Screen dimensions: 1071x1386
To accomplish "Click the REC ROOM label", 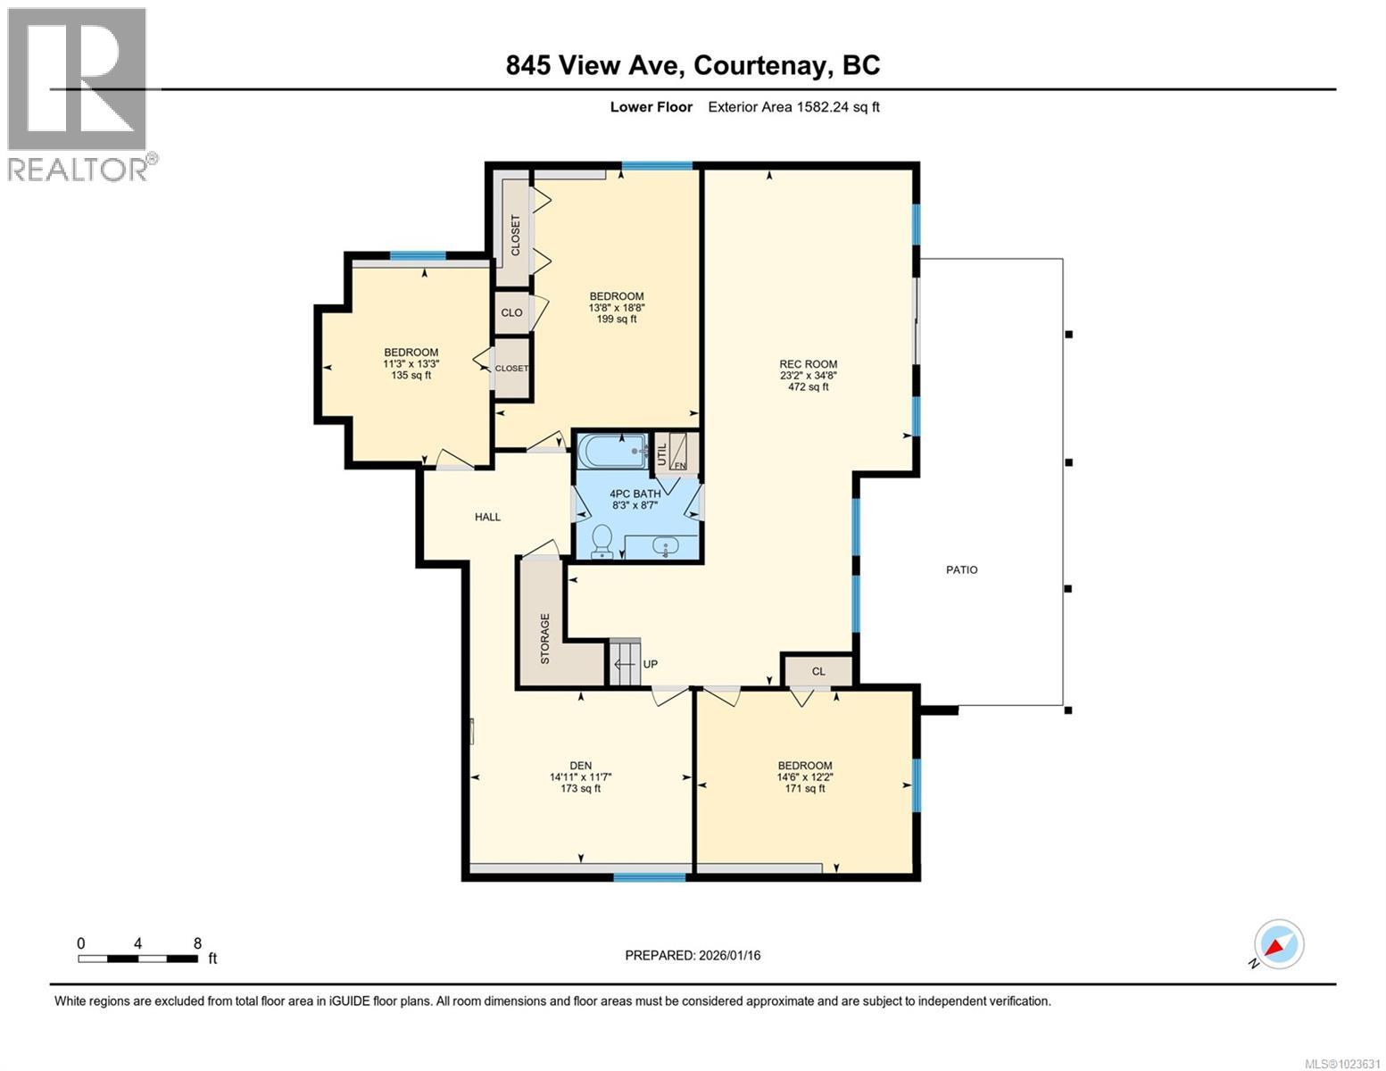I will click(x=808, y=364).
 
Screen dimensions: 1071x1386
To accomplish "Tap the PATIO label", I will click(x=961, y=569).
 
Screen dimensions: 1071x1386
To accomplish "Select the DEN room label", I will click(x=580, y=765).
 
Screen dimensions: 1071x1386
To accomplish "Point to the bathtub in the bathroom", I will click(x=612, y=451).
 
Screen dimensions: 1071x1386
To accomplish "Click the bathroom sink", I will click(x=664, y=545).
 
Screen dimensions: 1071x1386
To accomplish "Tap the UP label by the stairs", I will click(x=650, y=664).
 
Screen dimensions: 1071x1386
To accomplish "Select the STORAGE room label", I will click(x=545, y=638).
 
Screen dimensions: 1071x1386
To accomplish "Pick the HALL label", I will click(x=487, y=517).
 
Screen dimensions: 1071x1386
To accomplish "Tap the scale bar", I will click(x=138, y=959).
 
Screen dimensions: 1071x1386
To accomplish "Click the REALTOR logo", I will click(x=79, y=94).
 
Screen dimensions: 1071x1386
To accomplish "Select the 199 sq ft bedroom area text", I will click(x=616, y=319).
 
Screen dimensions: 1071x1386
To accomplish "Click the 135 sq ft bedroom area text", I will click(x=411, y=375).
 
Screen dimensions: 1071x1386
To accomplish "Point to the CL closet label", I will click(x=818, y=671).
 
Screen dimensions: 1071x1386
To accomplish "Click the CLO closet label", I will click(x=511, y=312).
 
